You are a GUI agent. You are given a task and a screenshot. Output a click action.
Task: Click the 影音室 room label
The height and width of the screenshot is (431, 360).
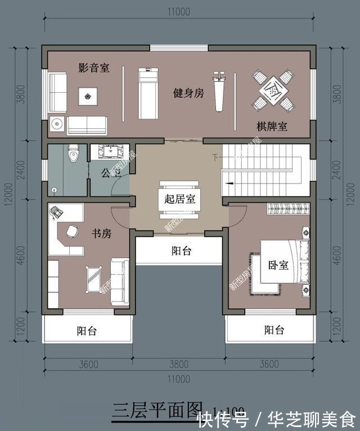pyautogui.click(x=93, y=68)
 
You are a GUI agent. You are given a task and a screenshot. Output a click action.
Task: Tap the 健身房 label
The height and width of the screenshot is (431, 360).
pyautogui.click(x=188, y=93)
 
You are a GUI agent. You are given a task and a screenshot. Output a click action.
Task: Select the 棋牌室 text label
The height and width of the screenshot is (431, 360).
pyautogui.click(x=272, y=128)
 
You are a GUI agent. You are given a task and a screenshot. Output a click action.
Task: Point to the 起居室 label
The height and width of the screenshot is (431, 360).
pyautogui.click(x=180, y=199)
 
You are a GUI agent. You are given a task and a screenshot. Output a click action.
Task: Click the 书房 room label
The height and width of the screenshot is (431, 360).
pyautogui.click(x=101, y=233)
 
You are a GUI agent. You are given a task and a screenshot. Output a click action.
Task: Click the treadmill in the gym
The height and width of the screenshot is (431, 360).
pyautogui.click(x=147, y=93)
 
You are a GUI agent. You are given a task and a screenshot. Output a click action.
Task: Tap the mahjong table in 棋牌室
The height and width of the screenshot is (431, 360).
pyautogui.click(x=273, y=89)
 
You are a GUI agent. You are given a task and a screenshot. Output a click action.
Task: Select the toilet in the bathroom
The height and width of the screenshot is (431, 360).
pyautogui.click(x=73, y=154)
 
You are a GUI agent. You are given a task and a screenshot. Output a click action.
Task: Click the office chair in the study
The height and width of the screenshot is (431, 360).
pyautogui.click(x=72, y=231)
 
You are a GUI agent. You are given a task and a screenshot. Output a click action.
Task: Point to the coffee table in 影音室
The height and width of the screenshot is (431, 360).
pyautogui.click(x=87, y=97)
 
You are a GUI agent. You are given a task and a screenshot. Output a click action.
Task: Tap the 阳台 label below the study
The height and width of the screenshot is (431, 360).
pyautogui.click(x=87, y=331)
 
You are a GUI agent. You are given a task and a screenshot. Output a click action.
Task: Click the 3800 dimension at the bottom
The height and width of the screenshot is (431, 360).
pyautogui.click(x=180, y=364)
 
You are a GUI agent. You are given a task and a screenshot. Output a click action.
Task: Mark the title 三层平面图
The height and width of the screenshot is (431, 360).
pyautogui.click(x=157, y=408)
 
